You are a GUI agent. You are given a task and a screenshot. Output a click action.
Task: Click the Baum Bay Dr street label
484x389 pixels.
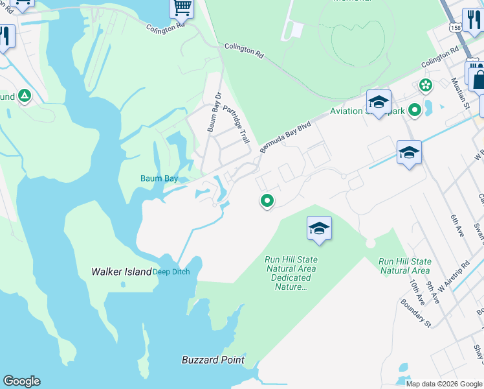(x=214, y=112)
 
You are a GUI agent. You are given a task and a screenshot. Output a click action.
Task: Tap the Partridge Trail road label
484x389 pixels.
(x=236, y=124)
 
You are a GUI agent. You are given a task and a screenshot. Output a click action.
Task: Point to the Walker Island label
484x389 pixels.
(x=121, y=272)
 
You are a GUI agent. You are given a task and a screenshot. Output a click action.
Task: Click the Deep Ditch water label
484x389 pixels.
(x=171, y=272)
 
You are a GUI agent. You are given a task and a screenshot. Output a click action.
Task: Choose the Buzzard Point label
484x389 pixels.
(x=213, y=360)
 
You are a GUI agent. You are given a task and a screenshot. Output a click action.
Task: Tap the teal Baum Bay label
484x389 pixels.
(x=159, y=178)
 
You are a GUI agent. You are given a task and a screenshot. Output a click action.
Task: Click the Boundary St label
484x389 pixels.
(x=415, y=312)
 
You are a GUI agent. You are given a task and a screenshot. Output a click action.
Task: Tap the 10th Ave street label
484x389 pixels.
(x=417, y=293)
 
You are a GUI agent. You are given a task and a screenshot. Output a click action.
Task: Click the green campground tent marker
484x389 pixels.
(x=25, y=97)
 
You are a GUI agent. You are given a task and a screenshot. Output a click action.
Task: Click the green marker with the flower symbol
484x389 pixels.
(x=425, y=85)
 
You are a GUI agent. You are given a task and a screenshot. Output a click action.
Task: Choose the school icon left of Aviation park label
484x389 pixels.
(x=379, y=102)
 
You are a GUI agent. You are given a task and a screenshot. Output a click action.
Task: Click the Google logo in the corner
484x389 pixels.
(x=21, y=381)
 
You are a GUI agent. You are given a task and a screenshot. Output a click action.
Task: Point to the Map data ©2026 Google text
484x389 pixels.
(x=444, y=384)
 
